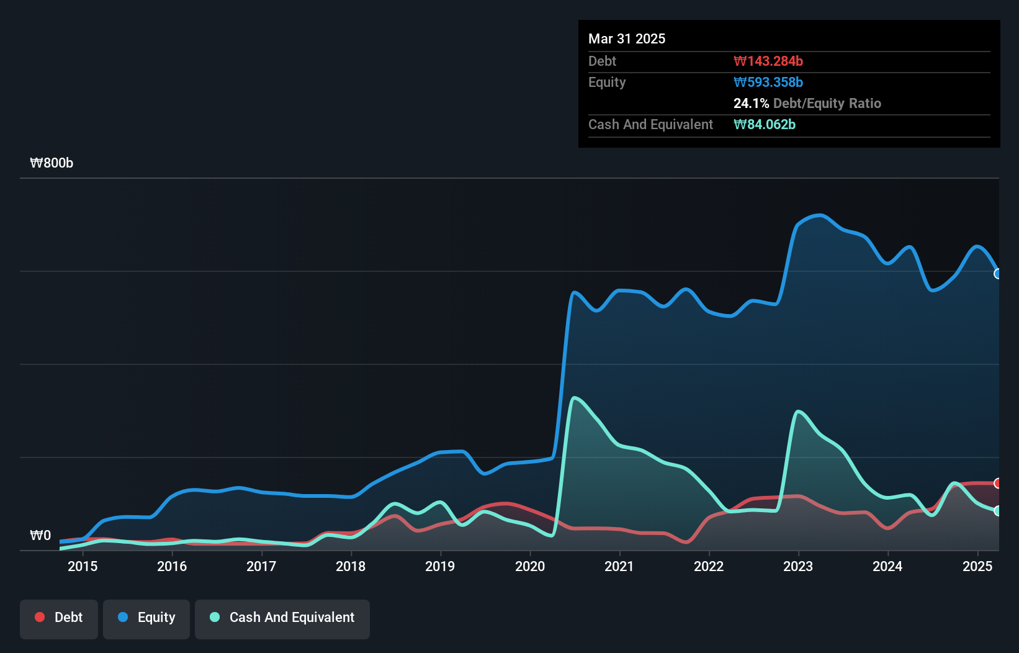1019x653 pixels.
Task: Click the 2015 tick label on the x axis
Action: [x=83, y=566]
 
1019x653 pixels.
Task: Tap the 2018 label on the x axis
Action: [x=351, y=566]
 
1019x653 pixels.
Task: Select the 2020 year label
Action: [x=530, y=566]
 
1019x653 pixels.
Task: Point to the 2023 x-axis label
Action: [x=798, y=566]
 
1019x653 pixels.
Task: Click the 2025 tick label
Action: [x=977, y=566]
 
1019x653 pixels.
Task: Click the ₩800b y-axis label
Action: [x=52, y=163]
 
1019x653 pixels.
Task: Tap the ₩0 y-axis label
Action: [x=40, y=536]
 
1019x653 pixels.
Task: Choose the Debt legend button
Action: [x=59, y=618]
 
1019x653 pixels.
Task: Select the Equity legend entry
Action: [x=146, y=618]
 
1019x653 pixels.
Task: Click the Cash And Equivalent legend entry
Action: [x=282, y=618]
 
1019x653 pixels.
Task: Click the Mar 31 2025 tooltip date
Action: [x=627, y=38]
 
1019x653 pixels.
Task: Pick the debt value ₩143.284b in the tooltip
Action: [x=768, y=61]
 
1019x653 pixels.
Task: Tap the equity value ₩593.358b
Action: [x=768, y=82]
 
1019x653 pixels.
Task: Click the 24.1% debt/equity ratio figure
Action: [x=751, y=103]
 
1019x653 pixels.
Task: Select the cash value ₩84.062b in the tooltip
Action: [x=765, y=124]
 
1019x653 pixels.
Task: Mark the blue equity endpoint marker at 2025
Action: [x=998, y=274]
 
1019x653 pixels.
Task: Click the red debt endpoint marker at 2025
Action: [x=998, y=483]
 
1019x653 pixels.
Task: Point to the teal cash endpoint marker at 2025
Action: [x=998, y=511]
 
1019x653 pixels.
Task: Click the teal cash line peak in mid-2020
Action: [x=575, y=398]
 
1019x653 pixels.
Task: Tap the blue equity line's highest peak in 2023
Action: [x=820, y=215]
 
